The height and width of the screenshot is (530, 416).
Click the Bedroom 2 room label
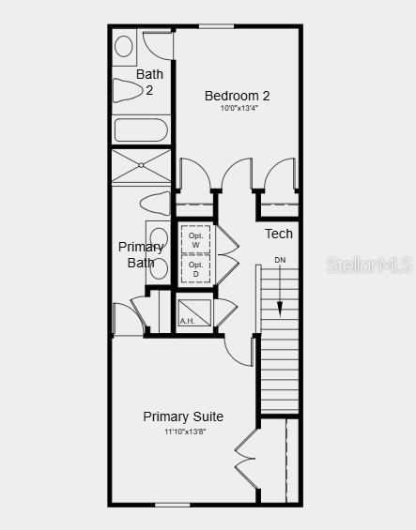pyautogui.click(x=238, y=95)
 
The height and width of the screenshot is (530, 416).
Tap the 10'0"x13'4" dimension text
pyautogui.click(x=239, y=108)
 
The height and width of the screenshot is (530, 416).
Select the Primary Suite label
pyautogui.click(x=183, y=416)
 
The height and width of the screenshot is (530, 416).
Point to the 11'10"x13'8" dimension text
pyautogui.click(x=184, y=431)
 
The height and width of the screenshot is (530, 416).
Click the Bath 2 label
pyautogui.click(x=149, y=82)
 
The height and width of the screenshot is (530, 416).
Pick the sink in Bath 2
pyautogui.click(x=124, y=45)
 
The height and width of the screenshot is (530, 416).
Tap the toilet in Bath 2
pyautogui.click(x=127, y=90)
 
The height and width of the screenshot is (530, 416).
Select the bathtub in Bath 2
pyautogui.click(x=141, y=129)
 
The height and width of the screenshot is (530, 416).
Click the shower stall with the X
pyautogui.click(x=142, y=166)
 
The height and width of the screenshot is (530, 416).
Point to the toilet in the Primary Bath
pyautogui.click(x=154, y=203)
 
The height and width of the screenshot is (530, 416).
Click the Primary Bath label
pyautogui.click(x=141, y=254)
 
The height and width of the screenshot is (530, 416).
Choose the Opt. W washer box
pyautogui.click(x=196, y=240)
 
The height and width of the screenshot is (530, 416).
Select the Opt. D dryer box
pyautogui.click(x=196, y=269)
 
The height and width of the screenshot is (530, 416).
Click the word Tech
pyautogui.click(x=278, y=234)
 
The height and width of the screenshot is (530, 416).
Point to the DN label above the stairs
pyautogui.click(x=280, y=260)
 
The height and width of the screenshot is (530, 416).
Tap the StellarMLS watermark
pyautogui.click(x=369, y=265)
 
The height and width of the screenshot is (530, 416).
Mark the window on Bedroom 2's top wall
pyautogui.click(x=217, y=26)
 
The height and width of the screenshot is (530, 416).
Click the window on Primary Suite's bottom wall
pyautogui.click(x=173, y=505)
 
